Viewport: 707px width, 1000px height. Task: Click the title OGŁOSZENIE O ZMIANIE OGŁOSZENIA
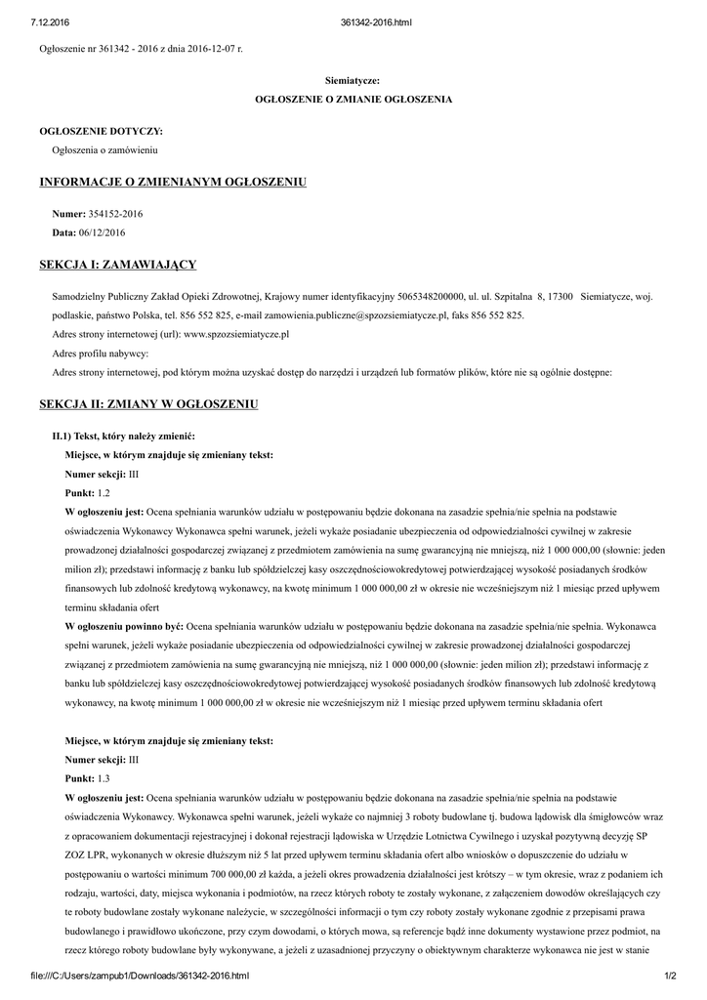(x=353, y=100)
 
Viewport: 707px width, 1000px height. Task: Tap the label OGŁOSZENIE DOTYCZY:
(x=102, y=130)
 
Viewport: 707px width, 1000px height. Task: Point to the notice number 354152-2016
(x=116, y=212)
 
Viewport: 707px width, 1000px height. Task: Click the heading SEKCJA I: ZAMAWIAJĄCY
(x=118, y=265)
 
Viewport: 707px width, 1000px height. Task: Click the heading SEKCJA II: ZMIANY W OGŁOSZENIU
(x=148, y=403)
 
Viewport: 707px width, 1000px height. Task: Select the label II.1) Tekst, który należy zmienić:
(x=123, y=435)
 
